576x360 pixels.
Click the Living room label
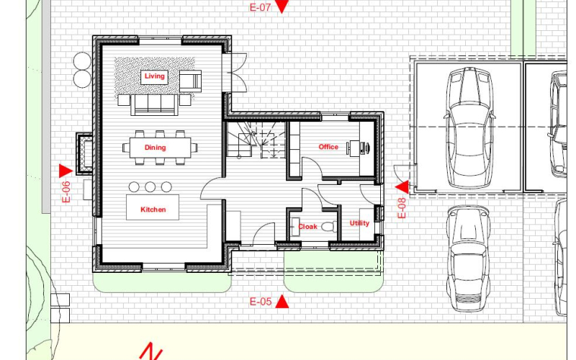(x=154, y=76)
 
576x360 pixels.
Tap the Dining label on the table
(x=155, y=148)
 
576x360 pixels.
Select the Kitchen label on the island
(x=153, y=210)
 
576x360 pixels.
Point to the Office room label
(x=328, y=147)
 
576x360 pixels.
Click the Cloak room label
(x=307, y=227)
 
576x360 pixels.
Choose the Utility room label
(x=359, y=223)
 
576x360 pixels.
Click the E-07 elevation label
(x=260, y=7)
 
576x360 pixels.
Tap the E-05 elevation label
(x=261, y=302)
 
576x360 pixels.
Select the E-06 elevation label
(x=66, y=192)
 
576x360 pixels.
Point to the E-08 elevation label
(x=402, y=208)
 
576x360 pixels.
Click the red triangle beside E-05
(x=282, y=302)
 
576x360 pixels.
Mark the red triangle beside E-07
(x=282, y=6)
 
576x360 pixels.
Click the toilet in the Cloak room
(x=329, y=226)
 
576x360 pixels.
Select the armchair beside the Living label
(x=190, y=81)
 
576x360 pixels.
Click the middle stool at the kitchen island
(x=150, y=187)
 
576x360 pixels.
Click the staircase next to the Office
(x=256, y=140)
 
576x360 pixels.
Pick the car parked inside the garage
(x=469, y=127)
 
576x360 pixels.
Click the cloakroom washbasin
(x=294, y=227)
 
